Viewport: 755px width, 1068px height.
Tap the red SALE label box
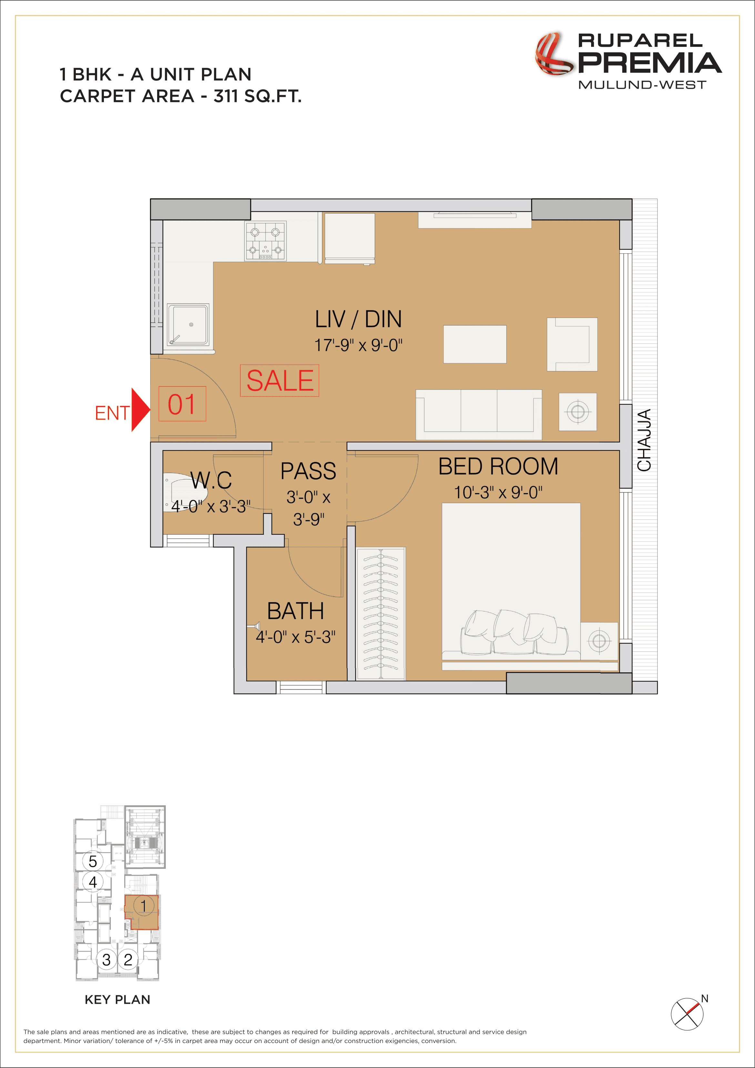[x=279, y=381]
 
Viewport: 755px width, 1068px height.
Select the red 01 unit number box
[x=182, y=404]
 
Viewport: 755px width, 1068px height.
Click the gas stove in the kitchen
[x=266, y=241]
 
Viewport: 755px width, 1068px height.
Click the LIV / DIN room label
[x=358, y=319]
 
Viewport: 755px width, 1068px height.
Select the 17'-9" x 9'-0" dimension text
[x=358, y=345]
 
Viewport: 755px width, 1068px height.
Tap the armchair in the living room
[x=572, y=344]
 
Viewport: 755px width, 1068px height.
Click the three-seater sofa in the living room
[x=478, y=414]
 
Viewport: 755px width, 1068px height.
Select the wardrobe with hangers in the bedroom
[x=381, y=614]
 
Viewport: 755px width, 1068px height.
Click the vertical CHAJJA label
[x=644, y=440]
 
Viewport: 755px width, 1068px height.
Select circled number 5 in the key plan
[x=93, y=861]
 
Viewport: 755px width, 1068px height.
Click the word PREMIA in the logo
[x=649, y=63]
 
